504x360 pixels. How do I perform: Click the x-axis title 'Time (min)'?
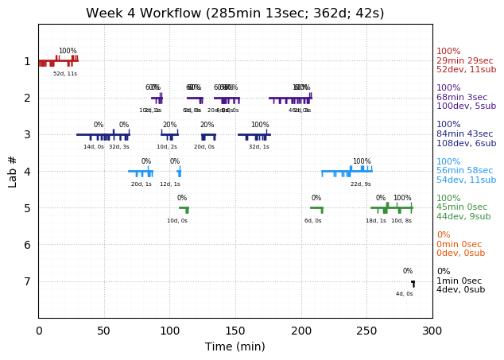click(235, 346)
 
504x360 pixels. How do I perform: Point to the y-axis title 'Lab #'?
click(13, 171)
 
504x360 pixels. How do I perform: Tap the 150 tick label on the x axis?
click(235, 330)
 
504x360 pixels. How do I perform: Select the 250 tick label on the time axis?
click(366, 330)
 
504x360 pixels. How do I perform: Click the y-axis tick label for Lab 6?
click(27, 245)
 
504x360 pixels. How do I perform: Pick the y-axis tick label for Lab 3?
click(27, 134)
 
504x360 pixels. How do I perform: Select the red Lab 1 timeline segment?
click(58, 60)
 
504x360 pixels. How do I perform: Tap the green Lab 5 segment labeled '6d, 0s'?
click(316, 208)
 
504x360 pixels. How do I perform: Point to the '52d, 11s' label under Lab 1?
click(65, 74)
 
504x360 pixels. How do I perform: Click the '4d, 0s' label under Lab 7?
click(405, 294)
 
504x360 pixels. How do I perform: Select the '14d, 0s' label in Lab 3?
click(94, 147)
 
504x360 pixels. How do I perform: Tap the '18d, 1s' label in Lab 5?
click(376, 221)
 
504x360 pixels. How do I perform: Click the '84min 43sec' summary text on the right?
click(466, 134)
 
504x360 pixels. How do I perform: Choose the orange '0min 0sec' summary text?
click(459, 245)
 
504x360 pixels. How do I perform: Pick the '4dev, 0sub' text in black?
click(460, 290)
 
